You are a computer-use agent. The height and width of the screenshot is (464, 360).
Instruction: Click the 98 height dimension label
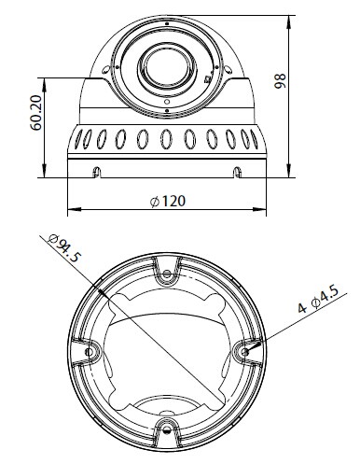280,81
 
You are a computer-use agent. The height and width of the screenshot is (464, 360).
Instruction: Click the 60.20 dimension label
35,113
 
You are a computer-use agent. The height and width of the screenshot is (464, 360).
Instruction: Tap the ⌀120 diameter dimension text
168,202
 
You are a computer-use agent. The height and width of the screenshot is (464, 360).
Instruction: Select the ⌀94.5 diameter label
65,248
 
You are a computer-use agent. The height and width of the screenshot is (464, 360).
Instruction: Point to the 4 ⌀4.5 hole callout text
318,300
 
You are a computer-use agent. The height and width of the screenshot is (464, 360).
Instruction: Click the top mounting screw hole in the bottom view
167,274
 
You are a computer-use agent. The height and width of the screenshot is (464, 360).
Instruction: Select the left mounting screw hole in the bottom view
90,352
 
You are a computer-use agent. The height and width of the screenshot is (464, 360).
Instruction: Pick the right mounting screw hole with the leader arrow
244,352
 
